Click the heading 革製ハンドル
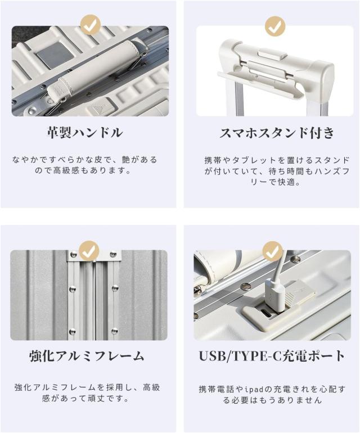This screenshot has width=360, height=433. [84, 133]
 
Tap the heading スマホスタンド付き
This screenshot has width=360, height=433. [277, 133]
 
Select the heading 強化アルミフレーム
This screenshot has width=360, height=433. [87, 356]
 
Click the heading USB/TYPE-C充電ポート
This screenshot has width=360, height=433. [272, 356]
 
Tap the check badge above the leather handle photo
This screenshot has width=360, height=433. [90, 25]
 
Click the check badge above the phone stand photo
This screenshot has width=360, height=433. [275, 26]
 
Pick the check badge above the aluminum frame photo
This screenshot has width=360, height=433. [89, 251]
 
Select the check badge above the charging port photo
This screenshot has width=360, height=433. [273, 251]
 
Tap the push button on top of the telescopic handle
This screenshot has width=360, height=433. [272, 53]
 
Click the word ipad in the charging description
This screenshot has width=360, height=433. [253, 389]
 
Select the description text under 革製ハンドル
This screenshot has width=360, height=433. [84, 165]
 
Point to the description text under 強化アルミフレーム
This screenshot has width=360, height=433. [87, 393]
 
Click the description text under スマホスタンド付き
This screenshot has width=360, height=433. [277, 171]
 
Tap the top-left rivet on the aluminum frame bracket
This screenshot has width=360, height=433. [74, 254]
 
